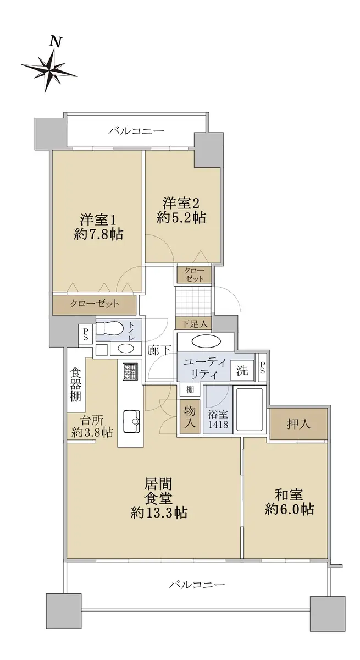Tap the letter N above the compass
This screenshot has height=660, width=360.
tap(56, 42)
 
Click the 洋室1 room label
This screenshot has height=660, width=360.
tap(98, 219)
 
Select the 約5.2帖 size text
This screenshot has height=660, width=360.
tap(181, 218)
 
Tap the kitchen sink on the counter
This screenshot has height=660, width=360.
tap(131, 421)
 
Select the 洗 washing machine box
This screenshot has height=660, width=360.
tap(242, 370)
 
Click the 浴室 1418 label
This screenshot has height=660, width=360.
tap(218, 419)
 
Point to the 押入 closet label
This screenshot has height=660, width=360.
tap(298, 424)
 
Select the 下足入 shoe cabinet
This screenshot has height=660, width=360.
tap(194, 323)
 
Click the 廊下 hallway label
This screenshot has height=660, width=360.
tap(159, 351)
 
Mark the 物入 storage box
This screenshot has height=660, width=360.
tap(190, 417)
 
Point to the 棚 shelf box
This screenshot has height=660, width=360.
tap(190, 389)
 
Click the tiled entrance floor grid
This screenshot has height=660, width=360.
tap(193, 301)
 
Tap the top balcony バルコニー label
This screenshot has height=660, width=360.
tap(136, 130)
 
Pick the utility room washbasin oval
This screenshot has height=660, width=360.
tap(206, 342)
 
